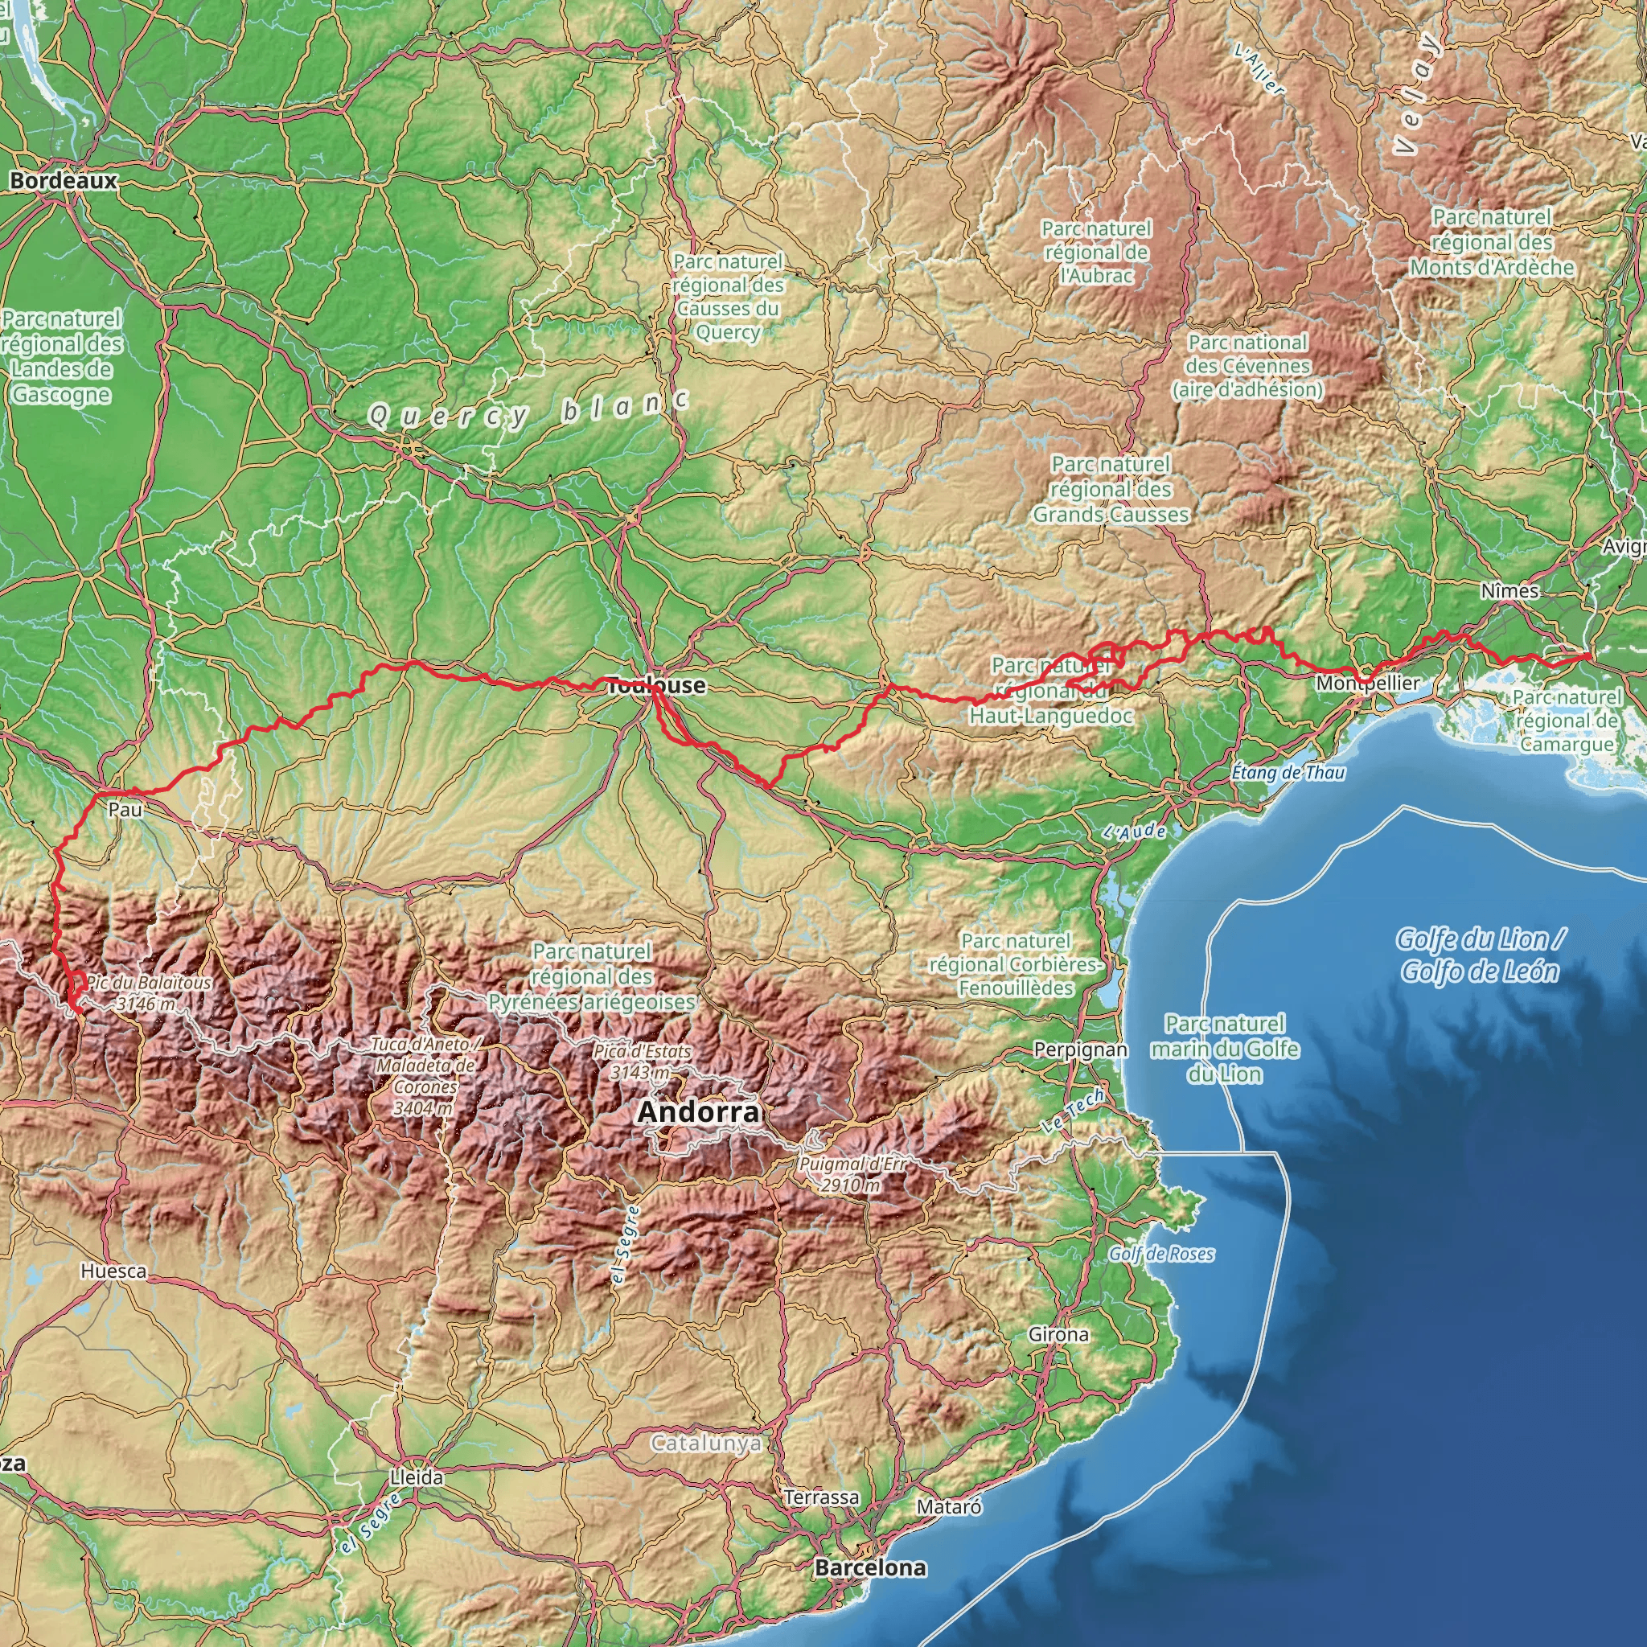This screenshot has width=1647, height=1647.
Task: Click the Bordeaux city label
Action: [63, 181]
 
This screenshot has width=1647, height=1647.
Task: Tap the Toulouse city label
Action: [655, 685]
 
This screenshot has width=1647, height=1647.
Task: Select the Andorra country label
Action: [697, 1111]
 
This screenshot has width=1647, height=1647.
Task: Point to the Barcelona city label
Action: [869, 1567]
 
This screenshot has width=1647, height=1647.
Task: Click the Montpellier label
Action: [1367, 683]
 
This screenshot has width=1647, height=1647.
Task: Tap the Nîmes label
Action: [1509, 591]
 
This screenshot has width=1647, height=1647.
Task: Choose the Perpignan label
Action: [1080, 1049]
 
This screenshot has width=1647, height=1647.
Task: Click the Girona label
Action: [1058, 1334]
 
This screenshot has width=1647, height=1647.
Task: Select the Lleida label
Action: [416, 1477]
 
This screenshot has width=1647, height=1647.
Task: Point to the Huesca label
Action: [113, 1271]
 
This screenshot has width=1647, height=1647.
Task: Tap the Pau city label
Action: [125, 809]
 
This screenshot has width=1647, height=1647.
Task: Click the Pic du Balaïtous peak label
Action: [148, 993]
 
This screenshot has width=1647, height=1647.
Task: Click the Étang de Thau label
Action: [1288, 772]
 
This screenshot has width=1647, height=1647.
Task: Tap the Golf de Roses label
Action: [1161, 1253]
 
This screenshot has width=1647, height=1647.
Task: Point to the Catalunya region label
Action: [705, 1444]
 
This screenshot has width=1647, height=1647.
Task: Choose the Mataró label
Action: [949, 1506]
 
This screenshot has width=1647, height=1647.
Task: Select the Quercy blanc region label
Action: [528, 412]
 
